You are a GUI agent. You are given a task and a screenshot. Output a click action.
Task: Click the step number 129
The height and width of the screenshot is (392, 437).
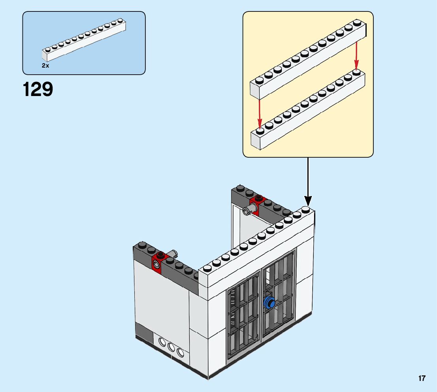coord(38,90)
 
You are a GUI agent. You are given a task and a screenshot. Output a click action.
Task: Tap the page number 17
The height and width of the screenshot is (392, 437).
coord(422,379)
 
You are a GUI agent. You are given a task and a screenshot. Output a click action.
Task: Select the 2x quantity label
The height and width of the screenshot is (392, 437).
coord(45,66)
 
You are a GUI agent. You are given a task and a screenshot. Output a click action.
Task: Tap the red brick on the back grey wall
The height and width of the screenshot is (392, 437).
coord(259,203)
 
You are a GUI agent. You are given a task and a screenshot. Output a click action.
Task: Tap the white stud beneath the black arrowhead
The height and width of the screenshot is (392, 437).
coord(306,209)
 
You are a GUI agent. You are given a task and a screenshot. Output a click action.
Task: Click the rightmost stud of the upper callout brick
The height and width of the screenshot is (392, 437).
coord(357,23)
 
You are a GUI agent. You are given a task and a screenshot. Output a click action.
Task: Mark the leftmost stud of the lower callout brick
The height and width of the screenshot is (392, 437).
coord(260,131)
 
